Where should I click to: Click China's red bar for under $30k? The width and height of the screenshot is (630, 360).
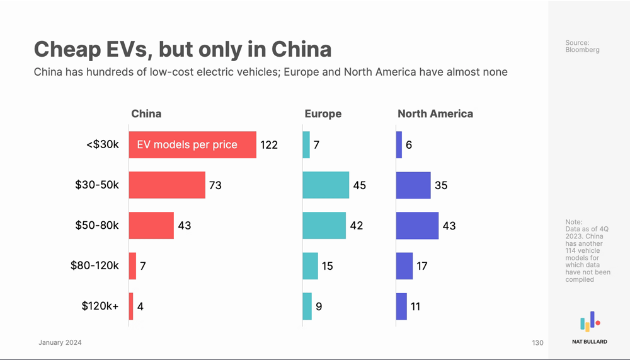click(x=192, y=144)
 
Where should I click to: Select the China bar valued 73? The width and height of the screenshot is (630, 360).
click(x=167, y=185)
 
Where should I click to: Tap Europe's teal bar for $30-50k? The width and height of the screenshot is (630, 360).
click(x=326, y=185)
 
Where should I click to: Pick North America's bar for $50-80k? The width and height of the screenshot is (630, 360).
click(x=417, y=225)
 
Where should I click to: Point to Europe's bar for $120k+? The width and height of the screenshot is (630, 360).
click(x=307, y=306)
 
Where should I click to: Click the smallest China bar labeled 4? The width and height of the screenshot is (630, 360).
click(x=131, y=306)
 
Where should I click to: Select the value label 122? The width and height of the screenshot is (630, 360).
click(x=269, y=145)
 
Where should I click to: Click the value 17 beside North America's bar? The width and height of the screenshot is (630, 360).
click(x=422, y=266)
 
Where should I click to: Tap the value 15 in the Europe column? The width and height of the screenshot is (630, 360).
click(x=327, y=266)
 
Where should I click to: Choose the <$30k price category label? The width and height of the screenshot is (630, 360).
click(x=102, y=144)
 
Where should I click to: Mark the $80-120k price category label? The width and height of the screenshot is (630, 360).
click(x=94, y=265)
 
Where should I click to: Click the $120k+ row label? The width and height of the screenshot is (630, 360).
click(x=100, y=306)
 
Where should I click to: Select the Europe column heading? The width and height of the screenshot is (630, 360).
click(x=323, y=114)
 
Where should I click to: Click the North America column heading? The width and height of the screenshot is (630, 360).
click(x=435, y=114)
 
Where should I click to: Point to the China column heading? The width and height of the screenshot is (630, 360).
click(x=146, y=114)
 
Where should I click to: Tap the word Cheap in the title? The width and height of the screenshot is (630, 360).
click(x=67, y=49)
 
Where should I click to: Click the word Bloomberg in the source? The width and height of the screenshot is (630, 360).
click(x=583, y=50)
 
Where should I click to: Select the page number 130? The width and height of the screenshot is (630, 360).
click(x=537, y=343)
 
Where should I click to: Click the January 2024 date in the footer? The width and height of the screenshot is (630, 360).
click(x=60, y=343)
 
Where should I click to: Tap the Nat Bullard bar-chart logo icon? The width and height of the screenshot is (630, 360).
click(x=590, y=322)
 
